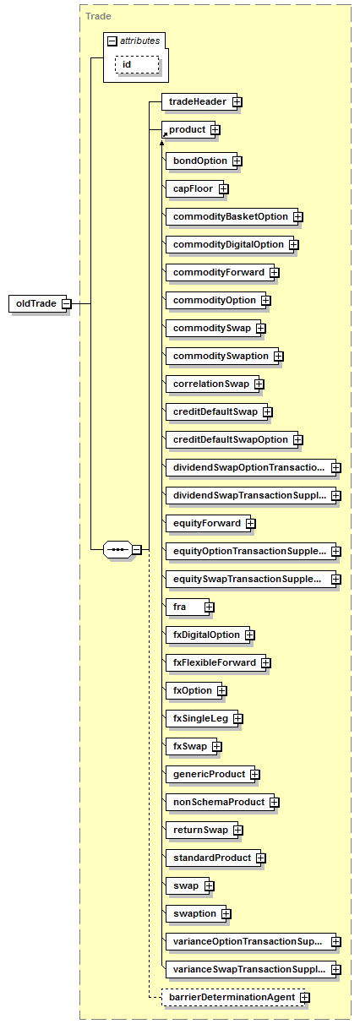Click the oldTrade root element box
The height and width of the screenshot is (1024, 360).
pos(37,303)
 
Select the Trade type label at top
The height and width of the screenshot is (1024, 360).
pos(98,16)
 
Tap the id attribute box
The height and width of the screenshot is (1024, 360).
pos(137,64)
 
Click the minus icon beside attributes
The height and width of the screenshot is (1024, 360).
pos(112,41)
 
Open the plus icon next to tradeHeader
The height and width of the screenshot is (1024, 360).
pos(237,102)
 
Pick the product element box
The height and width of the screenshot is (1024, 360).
pos(188,130)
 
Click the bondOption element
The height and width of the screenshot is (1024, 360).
pos(201,161)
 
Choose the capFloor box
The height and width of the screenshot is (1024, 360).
pos(194,188)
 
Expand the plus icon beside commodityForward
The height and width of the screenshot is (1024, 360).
pos(275,273)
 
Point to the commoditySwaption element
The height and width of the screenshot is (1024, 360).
pos(222,356)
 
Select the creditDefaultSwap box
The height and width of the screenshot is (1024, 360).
pos(216,412)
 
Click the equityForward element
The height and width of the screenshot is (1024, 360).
pos(208,524)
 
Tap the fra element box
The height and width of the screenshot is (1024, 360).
pos(188,607)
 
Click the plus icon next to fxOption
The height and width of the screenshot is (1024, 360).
pos(222,691)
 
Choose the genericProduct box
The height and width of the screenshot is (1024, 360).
pos(210,775)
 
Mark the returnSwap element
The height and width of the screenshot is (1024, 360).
pos(202,831)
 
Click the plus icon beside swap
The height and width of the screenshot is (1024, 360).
pos(209,886)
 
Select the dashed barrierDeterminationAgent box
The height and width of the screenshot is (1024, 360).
pos(233,998)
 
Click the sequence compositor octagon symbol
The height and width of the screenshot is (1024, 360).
pos(118,549)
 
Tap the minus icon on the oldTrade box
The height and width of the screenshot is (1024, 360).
pos(67,303)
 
